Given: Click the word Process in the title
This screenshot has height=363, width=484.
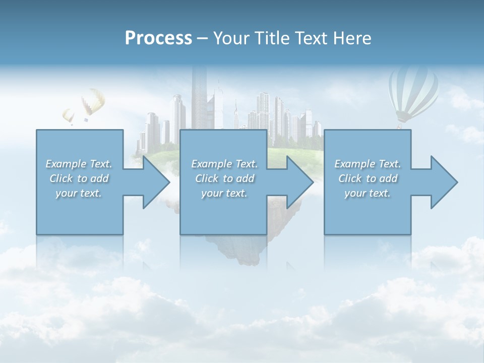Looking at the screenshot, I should (158, 38).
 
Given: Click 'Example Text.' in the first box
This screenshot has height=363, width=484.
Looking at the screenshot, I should (79, 164).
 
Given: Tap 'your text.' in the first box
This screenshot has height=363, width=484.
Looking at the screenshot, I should (79, 193).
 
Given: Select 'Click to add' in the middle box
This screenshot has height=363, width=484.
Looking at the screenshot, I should (224, 178).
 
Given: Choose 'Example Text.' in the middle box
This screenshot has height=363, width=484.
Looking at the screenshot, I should (224, 164).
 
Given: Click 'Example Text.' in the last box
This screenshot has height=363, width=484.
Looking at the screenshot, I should (368, 164).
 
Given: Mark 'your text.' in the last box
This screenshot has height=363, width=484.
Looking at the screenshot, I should (368, 193).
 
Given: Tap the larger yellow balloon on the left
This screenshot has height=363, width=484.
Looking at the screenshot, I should (93, 101).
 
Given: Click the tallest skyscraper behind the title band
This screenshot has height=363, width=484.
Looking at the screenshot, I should (199, 96).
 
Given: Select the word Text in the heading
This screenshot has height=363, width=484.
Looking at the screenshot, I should (312, 38).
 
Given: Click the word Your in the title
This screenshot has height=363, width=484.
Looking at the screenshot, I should (230, 38).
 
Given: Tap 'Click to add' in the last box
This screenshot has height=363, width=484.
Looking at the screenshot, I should (368, 178).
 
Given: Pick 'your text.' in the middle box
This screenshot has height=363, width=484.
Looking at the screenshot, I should (224, 193).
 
